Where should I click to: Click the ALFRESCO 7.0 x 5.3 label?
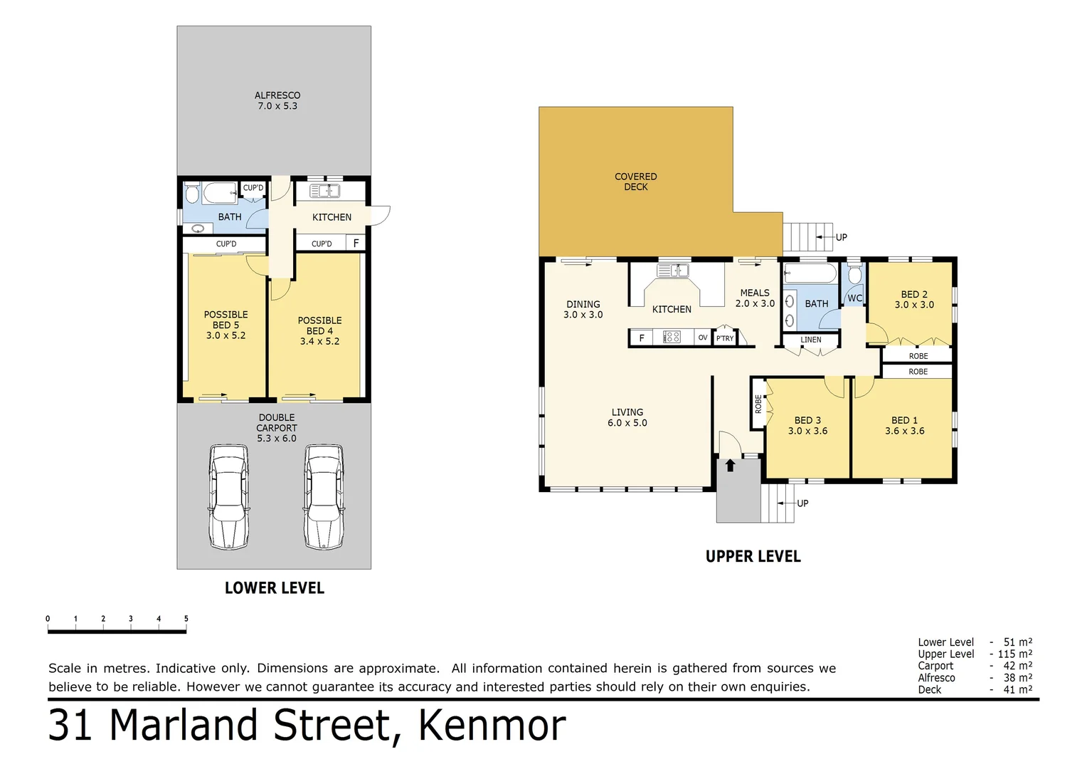(277, 100)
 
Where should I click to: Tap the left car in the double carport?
(228, 497)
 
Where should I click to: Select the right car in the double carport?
(324, 497)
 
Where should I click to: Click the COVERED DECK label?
(635, 182)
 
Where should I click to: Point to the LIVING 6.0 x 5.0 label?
(627, 417)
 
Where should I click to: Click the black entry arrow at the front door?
(730, 465)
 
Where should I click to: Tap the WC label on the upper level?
(854, 298)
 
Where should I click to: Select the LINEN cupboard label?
(810, 340)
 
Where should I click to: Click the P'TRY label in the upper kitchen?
(724, 338)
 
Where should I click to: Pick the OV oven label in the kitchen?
(702, 338)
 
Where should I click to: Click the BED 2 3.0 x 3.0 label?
(913, 299)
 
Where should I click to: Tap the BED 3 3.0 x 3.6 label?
(807, 425)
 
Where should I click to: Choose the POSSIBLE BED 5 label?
(226, 325)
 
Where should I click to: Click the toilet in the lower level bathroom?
(192, 193)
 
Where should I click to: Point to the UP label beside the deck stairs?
(841, 237)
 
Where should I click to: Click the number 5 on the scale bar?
(186, 619)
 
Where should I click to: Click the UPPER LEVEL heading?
(753, 556)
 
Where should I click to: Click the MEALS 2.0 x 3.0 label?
(754, 298)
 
